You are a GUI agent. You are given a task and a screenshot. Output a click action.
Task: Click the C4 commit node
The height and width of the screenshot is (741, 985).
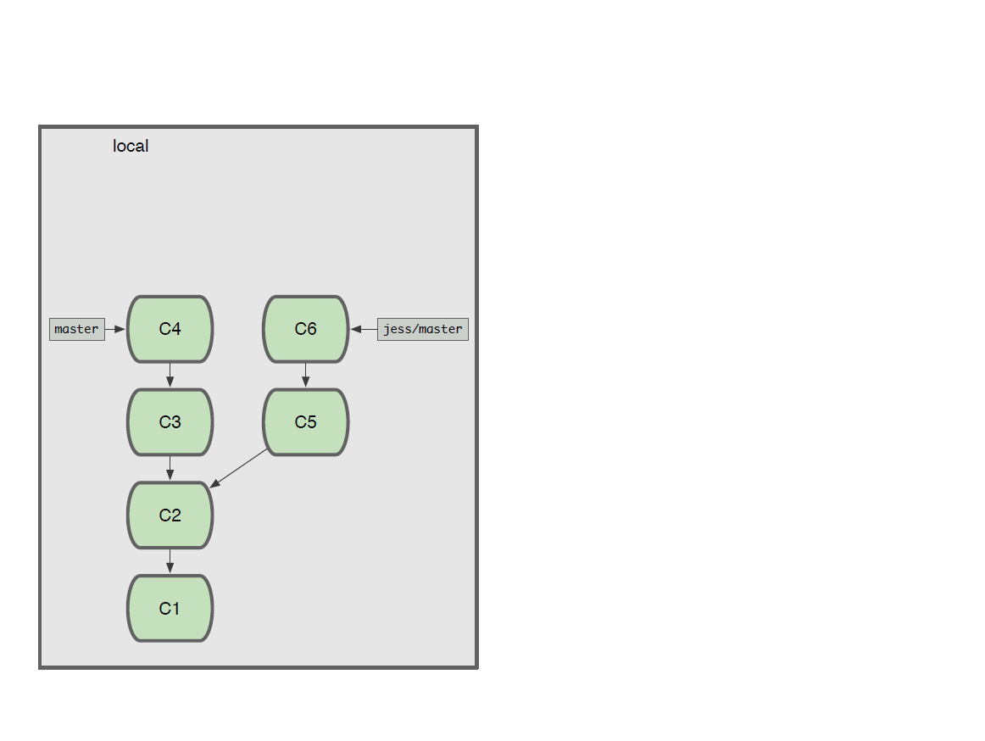(x=170, y=329)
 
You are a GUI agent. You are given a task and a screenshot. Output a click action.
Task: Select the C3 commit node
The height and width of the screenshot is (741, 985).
(x=170, y=422)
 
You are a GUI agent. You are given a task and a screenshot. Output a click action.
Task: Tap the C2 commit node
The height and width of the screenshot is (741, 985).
(x=170, y=515)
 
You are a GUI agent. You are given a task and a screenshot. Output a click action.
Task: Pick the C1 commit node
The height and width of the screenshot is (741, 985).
(x=170, y=609)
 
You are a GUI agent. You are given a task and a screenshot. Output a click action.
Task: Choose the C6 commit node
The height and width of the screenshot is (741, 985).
(x=306, y=329)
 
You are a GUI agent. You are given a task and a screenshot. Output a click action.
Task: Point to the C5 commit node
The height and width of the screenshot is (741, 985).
(x=306, y=422)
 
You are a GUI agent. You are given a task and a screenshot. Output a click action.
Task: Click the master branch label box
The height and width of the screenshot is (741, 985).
(x=77, y=329)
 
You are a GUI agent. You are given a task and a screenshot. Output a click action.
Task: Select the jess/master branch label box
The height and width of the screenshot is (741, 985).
(x=423, y=329)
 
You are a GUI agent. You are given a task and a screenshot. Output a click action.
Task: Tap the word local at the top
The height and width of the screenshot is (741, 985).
(x=131, y=146)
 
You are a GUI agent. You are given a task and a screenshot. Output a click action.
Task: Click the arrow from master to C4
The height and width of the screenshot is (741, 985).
(x=115, y=329)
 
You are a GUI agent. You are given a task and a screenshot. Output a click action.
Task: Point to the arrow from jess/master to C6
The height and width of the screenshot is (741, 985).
(x=364, y=329)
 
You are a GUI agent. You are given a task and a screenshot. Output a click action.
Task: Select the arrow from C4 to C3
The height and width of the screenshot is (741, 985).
(x=170, y=376)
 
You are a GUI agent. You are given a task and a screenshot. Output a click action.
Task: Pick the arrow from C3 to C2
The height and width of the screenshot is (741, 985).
(x=170, y=468)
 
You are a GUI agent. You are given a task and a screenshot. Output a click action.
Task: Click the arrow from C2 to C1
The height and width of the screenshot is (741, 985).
(x=170, y=561)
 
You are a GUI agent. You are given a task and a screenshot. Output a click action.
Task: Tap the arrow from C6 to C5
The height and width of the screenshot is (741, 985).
(x=306, y=376)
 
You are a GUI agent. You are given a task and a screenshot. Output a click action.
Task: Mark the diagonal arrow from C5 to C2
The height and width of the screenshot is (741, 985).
(x=239, y=468)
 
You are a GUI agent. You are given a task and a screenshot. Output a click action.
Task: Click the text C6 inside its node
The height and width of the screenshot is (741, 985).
(x=306, y=329)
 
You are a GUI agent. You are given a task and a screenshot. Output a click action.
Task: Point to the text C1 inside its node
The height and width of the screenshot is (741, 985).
(x=170, y=609)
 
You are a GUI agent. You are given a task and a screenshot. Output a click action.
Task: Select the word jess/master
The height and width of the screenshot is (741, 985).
(x=423, y=329)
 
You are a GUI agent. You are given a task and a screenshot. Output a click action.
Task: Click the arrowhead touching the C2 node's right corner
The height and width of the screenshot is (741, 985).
(x=214, y=483)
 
